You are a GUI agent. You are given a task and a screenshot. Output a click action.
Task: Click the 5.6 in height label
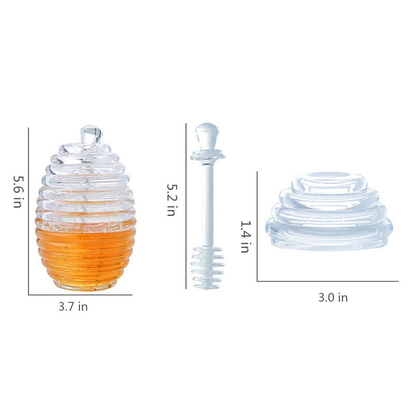(19, 192)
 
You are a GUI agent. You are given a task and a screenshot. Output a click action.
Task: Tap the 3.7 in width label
(73, 307)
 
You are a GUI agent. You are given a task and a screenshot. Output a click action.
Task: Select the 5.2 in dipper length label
(172, 200)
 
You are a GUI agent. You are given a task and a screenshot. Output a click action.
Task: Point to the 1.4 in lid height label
(246, 236)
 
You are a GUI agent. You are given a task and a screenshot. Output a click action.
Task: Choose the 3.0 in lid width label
(333, 298)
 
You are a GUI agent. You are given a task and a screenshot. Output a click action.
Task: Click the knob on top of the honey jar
(91, 134)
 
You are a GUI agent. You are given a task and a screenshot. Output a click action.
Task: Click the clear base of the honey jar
(86, 285)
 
